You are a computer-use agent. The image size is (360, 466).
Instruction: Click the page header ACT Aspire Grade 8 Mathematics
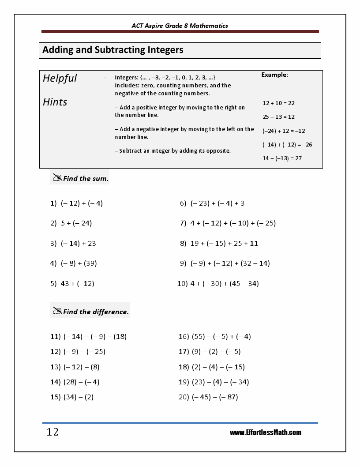click(180, 26)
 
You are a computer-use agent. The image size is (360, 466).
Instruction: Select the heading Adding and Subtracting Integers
click(113, 50)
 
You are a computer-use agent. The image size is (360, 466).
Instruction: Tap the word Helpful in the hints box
click(60, 78)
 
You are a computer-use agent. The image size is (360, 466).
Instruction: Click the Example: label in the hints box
click(274, 75)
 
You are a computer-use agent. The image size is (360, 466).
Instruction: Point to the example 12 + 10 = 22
click(278, 103)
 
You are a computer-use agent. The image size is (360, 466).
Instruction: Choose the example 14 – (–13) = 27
click(282, 158)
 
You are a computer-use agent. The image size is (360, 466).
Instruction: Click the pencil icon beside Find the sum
click(57, 178)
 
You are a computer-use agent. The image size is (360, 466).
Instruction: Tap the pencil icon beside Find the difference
click(57, 311)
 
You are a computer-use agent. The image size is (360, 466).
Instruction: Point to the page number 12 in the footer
click(52, 432)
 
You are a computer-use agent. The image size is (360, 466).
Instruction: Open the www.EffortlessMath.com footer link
click(266, 432)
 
